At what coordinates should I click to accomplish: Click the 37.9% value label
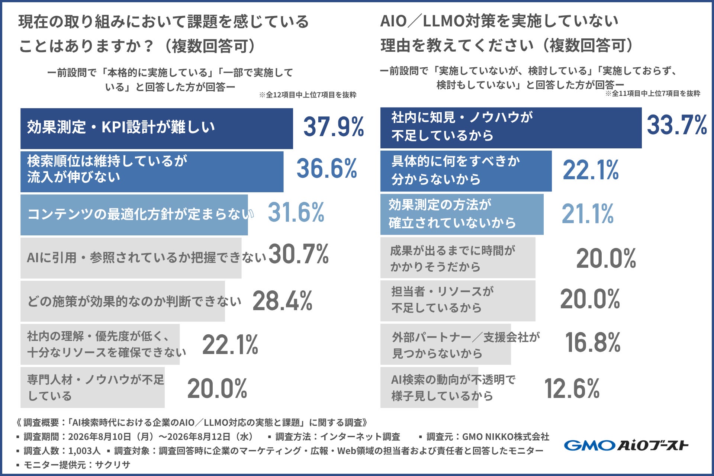click(334, 127)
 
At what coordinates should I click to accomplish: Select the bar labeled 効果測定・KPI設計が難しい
click(157, 128)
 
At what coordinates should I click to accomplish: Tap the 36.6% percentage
click(327, 168)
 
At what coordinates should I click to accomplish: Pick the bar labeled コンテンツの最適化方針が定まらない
click(134, 215)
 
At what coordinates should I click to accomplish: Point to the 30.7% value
click(299, 254)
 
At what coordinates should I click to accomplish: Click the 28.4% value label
click(282, 300)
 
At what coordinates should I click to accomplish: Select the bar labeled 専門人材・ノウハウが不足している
click(93, 387)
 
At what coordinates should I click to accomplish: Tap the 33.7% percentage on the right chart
click(677, 125)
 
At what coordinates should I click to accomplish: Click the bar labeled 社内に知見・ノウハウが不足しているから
click(511, 128)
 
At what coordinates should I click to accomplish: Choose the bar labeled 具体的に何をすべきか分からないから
click(466, 171)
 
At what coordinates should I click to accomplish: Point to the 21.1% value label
click(588, 214)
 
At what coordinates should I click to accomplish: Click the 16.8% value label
click(593, 342)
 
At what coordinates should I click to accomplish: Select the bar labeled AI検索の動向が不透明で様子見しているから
click(429, 387)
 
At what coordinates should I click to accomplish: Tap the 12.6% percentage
click(572, 389)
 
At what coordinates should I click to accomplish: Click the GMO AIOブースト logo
click(626, 445)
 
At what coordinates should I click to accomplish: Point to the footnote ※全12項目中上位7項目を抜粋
click(308, 95)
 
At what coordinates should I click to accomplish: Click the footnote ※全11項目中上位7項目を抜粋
click(653, 94)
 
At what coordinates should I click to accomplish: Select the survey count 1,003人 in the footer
click(84, 451)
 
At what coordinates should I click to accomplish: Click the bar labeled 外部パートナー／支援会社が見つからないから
click(446, 344)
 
